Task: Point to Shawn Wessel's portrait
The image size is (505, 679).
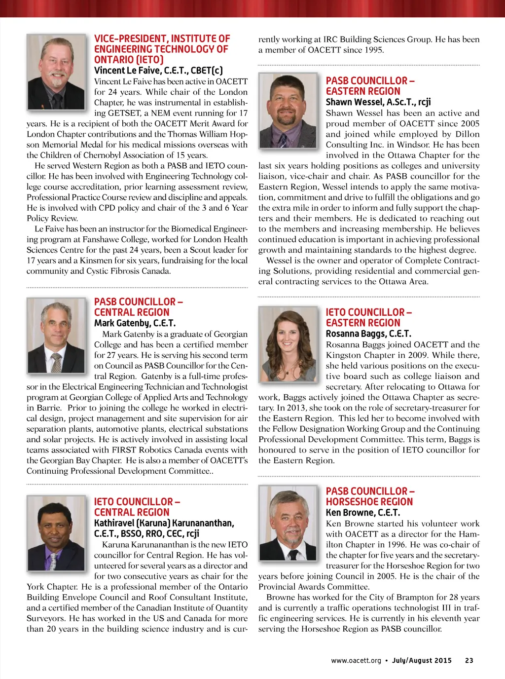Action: [x=288, y=111]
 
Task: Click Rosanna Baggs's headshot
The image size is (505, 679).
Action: [x=288, y=344]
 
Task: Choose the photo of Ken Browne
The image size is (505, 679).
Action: [x=288, y=524]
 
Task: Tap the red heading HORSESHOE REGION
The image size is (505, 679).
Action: [x=369, y=502]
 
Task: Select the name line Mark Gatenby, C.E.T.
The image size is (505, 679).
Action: [x=135, y=323]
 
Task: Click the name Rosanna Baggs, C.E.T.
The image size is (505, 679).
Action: [x=368, y=334]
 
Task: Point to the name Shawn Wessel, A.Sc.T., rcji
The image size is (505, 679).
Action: [x=378, y=102]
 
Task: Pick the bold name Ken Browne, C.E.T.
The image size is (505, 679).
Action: [x=362, y=513]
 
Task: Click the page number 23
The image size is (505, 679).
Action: [x=469, y=660]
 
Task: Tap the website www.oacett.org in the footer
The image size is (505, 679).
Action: [x=356, y=660]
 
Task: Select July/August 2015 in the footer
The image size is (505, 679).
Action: [x=422, y=660]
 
